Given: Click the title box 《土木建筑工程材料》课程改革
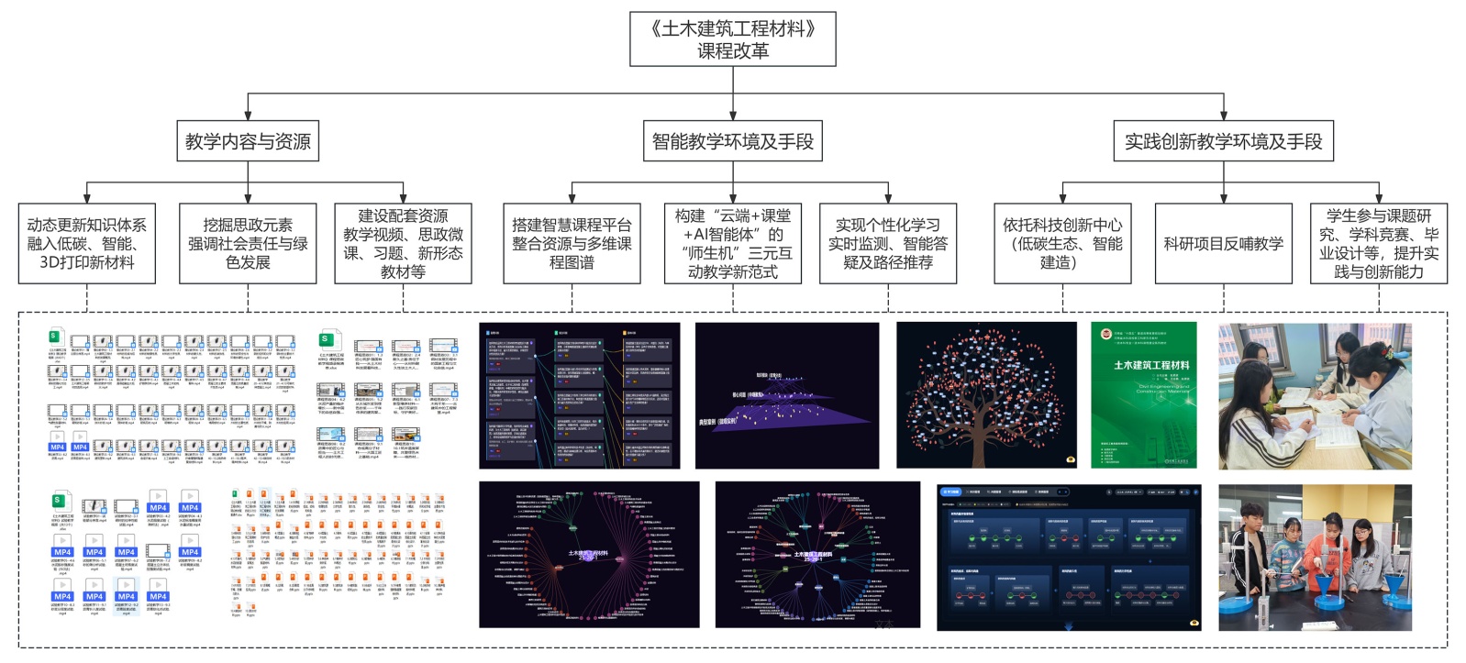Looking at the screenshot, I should (732, 39).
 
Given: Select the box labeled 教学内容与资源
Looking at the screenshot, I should (248, 141).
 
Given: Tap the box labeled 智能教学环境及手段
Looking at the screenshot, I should (732, 141).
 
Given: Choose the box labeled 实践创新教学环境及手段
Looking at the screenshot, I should (1223, 141).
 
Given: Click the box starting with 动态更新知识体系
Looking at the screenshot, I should (87, 244).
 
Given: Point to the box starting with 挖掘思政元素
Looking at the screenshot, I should (248, 244).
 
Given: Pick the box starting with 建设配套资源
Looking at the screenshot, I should (403, 244).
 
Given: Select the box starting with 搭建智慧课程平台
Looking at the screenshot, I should (572, 244).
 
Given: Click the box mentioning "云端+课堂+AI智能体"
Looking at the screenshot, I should (732, 244).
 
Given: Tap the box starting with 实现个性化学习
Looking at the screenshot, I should (887, 244).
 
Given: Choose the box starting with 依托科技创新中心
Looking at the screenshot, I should (1062, 244).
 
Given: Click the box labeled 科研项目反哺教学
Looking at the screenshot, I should (1223, 244).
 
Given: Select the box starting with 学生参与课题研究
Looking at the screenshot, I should (1378, 244).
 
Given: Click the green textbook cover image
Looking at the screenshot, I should (1143, 395).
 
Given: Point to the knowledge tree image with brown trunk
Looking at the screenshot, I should (986, 395).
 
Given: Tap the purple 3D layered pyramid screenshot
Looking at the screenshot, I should (786, 395).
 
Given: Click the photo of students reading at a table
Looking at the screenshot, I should (1314, 395).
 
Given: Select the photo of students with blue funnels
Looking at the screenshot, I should (1314, 558).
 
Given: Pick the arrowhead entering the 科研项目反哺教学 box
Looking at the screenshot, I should (1223, 198).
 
